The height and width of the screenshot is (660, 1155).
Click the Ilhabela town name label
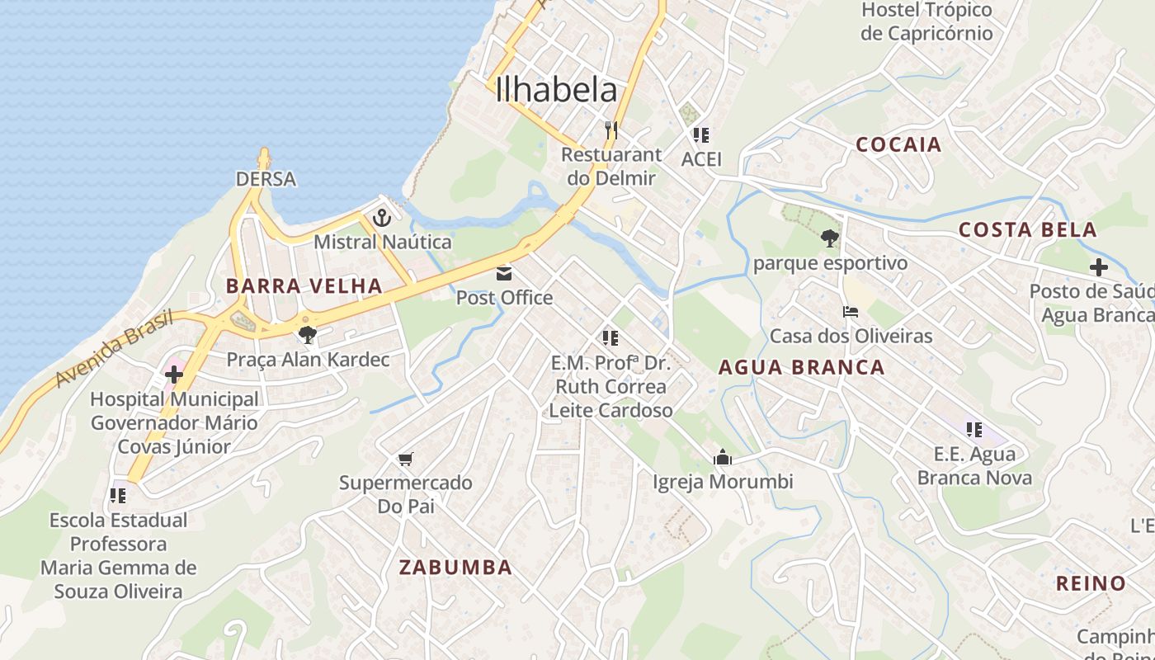(x=556, y=91)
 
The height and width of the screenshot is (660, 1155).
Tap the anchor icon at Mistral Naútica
(x=381, y=218)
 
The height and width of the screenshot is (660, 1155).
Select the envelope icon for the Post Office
(x=504, y=273)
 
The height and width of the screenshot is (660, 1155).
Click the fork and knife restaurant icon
(x=610, y=130)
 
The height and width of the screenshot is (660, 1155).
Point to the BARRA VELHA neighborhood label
(x=304, y=286)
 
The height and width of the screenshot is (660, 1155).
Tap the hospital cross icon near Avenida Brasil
(x=173, y=375)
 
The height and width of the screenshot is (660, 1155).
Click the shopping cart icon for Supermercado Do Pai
(x=405, y=459)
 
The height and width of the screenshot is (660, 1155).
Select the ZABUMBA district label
(x=455, y=568)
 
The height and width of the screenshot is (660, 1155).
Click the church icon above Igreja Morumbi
(x=723, y=457)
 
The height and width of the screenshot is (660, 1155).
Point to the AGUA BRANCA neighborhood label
(x=801, y=368)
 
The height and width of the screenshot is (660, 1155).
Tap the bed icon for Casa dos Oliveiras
(x=851, y=312)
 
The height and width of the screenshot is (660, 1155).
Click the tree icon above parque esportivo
(x=830, y=238)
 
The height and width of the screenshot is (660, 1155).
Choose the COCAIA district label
(x=898, y=145)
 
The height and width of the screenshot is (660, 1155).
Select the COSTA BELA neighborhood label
(x=1027, y=230)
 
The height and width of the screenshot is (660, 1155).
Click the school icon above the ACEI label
(x=701, y=134)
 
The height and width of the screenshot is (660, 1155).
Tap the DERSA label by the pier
(x=266, y=179)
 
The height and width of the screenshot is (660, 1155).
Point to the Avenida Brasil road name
(x=115, y=347)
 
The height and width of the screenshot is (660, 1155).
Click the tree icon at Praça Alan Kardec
(x=308, y=334)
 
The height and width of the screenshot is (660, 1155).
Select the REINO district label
(x=1091, y=584)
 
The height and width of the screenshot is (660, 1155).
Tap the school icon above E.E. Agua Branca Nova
(x=974, y=430)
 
